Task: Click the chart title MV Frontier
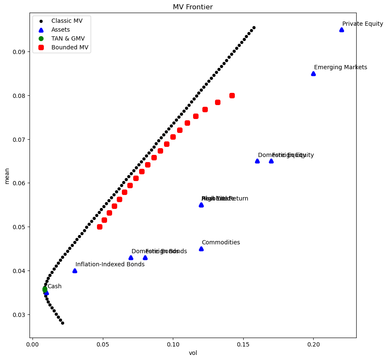pyautogui.click(x=193, y=7)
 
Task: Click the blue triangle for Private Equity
pyautogui.click(x=341, y=30)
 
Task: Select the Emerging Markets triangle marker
pyautogui.click(x=313, y=73)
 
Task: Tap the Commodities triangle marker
pyautogui.click(x=201, y=249)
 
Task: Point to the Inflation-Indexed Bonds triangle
pyautogui.click(x=75, y=271)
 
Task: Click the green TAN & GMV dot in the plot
pyautogui.click(x=45, y=289)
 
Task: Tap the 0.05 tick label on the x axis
pyautogui.click(x=102, y=344)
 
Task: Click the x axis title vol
pyautogui.click(x=193, y=353)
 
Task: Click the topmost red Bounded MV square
pyautogui.click(x=232, y=95)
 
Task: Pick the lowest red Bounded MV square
pyautogui.click(x=99, y=227)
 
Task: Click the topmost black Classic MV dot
pyautogui.click(x=254, y=27)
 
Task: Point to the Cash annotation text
pyautogui.click(x=54, y=287)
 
